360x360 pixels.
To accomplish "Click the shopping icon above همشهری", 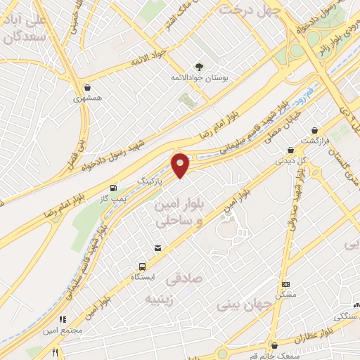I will coord(86,88).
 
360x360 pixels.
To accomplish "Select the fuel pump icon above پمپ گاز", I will coord(114,188).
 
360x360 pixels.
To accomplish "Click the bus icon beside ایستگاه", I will coord(143,266).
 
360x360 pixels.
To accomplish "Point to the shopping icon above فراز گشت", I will coord(314,130).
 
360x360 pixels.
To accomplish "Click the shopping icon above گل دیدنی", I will coord(290,150).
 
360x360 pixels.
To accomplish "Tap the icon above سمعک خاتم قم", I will coord(274,345).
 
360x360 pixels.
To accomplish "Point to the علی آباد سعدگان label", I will coord(24,28).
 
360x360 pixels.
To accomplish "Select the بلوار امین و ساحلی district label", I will coord(176,212).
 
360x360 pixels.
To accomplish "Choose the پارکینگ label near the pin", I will coord(151,181).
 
